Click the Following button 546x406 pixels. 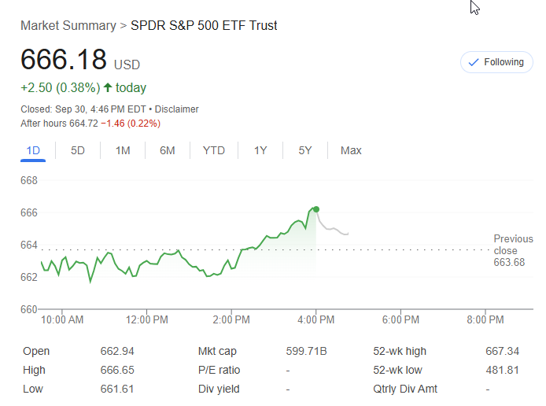496,62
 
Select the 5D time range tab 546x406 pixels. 78,150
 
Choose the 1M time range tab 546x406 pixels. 123,150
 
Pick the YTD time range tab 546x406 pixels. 213,150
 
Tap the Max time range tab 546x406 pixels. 351,150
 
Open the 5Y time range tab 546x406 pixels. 305,150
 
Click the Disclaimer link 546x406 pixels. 177,109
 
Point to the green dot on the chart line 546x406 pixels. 316,209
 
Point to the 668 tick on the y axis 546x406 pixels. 29,180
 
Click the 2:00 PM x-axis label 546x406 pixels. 231,319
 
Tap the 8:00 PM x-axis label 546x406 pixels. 485,319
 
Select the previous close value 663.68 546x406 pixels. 509,262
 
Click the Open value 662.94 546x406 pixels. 117,351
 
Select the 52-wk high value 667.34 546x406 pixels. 504,351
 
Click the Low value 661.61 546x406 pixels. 116,389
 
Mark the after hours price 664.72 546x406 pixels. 83,124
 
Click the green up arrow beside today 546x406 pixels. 108,87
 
